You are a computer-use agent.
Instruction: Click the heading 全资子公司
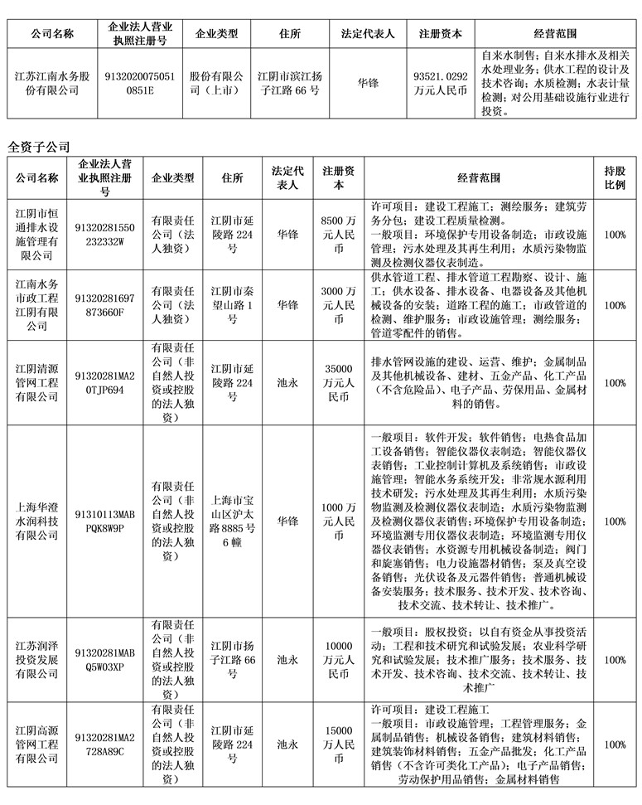[x=39, y=146]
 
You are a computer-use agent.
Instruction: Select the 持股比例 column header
[x=615, y=177]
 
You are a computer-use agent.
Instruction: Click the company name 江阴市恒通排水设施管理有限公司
[x=36, y=235]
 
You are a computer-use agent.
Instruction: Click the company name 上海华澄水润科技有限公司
[x=36, y=522]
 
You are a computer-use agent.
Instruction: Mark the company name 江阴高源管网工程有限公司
[x=36, y=744]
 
